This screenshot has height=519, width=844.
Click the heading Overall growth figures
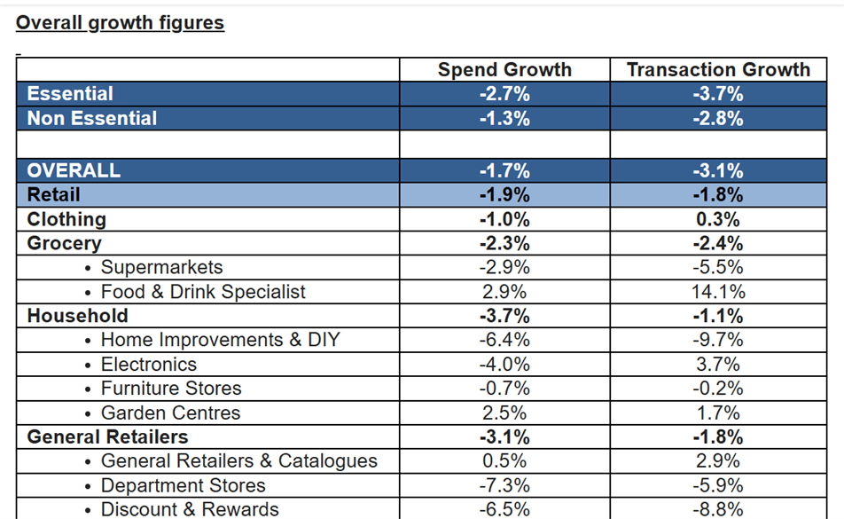click(x=120, y=23)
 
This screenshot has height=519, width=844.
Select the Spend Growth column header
click(x=504, y=70)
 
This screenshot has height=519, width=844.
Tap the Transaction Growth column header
click(x=718, y=70)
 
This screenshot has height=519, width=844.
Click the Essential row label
click(x=70, y=94)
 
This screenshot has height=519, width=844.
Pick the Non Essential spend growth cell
click(x=504, y=119)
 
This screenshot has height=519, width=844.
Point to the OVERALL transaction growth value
click(x=718, y=171)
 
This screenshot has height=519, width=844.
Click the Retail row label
click(x=53, y=195)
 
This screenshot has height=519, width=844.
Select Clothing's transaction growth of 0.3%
click(x=718, y=219)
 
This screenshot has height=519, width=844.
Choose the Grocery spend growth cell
click(x=504, y=243)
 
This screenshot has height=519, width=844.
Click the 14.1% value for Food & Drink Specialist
click(x=718, y=292)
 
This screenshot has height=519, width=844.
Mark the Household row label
click(x=77, y=316)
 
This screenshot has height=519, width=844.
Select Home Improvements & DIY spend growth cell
click(x=504, y=340)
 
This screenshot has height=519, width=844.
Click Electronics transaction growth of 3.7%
click(x=718, y=365)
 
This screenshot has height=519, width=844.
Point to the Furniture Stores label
click(x=170, y=389)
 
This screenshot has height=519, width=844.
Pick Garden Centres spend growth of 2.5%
click(x=504, y=413)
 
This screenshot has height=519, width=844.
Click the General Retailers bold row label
click(x=107, y=436)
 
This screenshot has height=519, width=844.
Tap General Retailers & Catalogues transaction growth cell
click(x=718, y=461)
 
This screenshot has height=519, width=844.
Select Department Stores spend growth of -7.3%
click(x=504, y=485)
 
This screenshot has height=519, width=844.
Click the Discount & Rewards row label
click(x=190, y=509)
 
